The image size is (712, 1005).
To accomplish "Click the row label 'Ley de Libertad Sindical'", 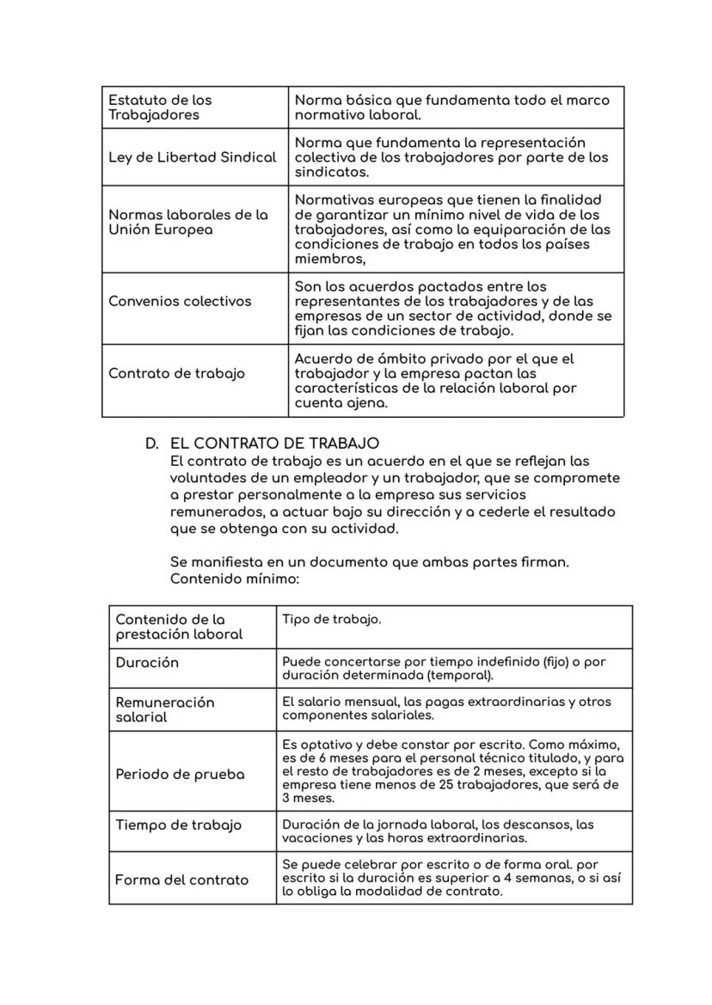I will click(x=192, y=157).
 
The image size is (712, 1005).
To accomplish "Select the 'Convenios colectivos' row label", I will click(x=180, y=301).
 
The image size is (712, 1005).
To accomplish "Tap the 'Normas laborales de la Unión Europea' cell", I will click(x=188, y=222).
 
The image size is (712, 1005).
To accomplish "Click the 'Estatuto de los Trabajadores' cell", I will click(x=160, y=107).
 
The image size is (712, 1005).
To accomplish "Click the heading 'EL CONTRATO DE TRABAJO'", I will click(x=274, y=444).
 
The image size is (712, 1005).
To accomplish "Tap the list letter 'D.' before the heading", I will click(x=152, y=444).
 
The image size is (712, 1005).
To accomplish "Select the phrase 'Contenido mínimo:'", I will click(x=234, y=579).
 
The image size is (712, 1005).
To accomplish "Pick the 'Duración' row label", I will click(x=147, y=663).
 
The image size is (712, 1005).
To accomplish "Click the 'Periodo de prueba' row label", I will click(x=180, y=774).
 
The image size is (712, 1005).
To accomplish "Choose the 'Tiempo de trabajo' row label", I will click(x=179, y=824).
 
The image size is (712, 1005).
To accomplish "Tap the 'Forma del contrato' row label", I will click(x=181, y=879).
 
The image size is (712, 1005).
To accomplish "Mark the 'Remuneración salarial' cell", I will click(x=165, y=709).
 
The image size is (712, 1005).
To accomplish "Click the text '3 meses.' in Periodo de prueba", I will click(x=308, y=798).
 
